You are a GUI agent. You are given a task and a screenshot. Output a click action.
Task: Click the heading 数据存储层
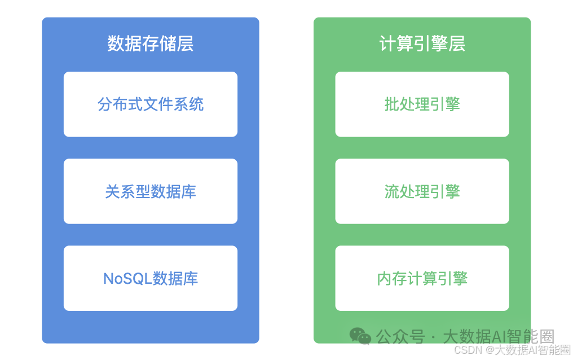tap(151, 43)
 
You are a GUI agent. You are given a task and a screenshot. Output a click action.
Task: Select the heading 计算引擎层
tap(422, 43)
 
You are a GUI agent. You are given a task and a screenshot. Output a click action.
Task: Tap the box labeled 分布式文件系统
tap(151, 104)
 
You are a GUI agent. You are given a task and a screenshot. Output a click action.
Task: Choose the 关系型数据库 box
tap(151, 191)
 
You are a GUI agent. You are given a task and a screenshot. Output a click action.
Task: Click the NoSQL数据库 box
tap(151, 278)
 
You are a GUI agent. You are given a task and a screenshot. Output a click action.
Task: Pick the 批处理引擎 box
tap(422, 104)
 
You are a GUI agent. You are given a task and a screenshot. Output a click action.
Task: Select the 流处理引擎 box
tap(422, 191)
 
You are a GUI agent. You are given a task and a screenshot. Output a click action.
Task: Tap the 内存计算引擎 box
tap(422, 278)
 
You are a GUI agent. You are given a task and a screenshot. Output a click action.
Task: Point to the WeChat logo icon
tap(360, 336)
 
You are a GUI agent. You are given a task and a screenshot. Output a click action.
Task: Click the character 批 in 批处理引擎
tap(392, 104)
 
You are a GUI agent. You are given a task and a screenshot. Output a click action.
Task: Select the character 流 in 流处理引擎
tap(392, 192)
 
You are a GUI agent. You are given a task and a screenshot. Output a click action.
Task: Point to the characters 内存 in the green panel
tap(392, 279)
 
